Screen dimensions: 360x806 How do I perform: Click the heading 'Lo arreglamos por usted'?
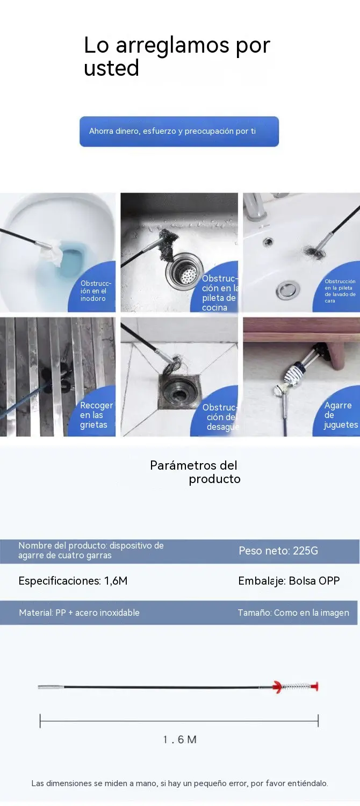pyautogui.click(x=177, y=56)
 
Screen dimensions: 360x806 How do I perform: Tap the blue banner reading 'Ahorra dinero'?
pyautogui.click(x=179, y=131)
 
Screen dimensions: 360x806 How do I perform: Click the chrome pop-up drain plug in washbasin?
pyautogui.click(x=286, y=291)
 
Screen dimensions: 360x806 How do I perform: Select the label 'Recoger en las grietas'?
pyautogui.click(x=96, y=415)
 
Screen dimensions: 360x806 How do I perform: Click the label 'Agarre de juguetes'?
pyautogui.click(x=341, y=415)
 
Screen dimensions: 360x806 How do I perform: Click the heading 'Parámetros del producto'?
pyautogui.click(x=195, y=472)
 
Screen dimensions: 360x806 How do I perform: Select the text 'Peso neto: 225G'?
pyautogui.click(x=278, y=551)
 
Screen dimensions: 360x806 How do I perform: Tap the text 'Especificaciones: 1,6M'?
pyautogui.click(x=73, y=581)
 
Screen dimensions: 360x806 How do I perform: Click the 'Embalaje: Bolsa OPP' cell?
pyautogui.click(x=289, y=581)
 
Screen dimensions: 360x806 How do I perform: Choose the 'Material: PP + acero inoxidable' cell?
pyautogui.click(x=79, y=613)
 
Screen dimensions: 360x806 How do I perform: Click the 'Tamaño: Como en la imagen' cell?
pyautogui.click(x=293, y=613)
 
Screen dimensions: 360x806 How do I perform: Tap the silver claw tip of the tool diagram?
pyautogui.click(x=51, y=687)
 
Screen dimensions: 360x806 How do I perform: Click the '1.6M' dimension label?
pyautogui.click(x=179, y=739)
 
